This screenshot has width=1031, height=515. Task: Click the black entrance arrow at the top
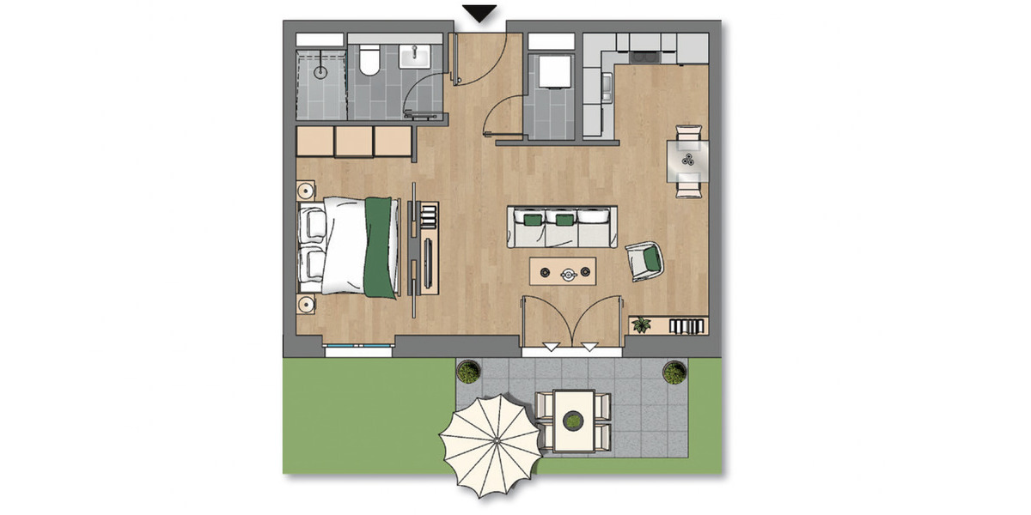click(x=480, y=13)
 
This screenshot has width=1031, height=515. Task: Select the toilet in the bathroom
click(x=370, y=61)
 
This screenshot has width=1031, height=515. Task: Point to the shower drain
click(x=321, y=72)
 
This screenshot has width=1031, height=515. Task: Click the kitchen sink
click(x=607, y=84)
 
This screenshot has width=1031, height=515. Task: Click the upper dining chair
click(x=689, y=133)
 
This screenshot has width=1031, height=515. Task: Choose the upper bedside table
click(x=306, y=191)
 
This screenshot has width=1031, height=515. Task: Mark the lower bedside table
click(x=306, y=303)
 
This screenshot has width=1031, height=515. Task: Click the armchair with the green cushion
click(x=645, y=259)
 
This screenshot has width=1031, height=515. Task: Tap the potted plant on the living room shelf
click(x=641, y=324)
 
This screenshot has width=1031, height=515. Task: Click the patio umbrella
click(x=491, y=445)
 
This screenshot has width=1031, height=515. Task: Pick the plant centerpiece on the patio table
click(x=573, y=420)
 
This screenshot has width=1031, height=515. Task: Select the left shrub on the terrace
click(x=468, y=372)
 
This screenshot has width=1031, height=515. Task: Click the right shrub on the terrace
click(x=673, y=373)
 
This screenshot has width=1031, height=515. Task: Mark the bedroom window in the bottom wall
click(x=358, y=347)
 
